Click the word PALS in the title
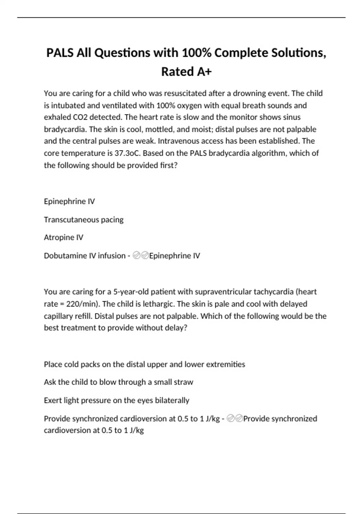(60, 53)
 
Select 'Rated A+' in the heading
(186, 72)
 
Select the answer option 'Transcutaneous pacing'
(83, 220)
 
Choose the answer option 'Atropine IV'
(64, 237)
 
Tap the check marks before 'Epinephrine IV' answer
(141, 256)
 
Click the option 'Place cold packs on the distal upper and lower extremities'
(144, 364)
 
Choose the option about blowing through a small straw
(118, 382)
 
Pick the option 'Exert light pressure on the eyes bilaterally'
(116, 400)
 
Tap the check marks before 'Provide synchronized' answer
(235, 419)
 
